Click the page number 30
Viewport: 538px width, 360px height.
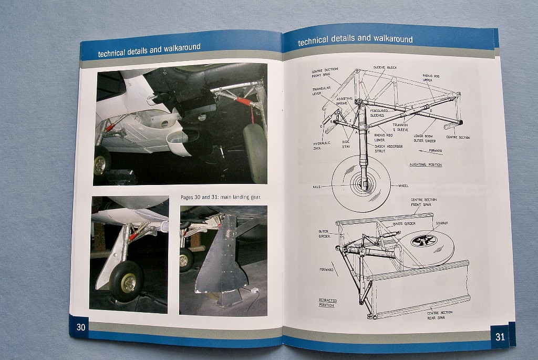pos(81,327)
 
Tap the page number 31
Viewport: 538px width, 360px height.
pos(500,337)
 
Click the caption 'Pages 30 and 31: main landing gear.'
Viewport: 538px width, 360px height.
pos(221,197)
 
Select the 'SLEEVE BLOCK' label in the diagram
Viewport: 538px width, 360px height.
pos(385,68)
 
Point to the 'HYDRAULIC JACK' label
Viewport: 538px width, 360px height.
pos(322,146)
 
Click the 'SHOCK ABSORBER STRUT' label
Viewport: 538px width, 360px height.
pos(389,148)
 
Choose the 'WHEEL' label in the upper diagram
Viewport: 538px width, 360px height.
pos(403,186)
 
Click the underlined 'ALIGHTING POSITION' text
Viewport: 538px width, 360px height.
pos(426,164)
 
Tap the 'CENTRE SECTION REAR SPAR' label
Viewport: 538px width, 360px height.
pos(439,315)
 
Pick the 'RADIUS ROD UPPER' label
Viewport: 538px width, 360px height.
pos(431,78)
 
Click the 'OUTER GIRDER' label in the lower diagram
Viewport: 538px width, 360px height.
pos(324,233)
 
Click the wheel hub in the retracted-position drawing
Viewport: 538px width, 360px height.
pos(423,241)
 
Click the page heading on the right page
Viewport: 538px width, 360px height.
pos(355,39)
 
